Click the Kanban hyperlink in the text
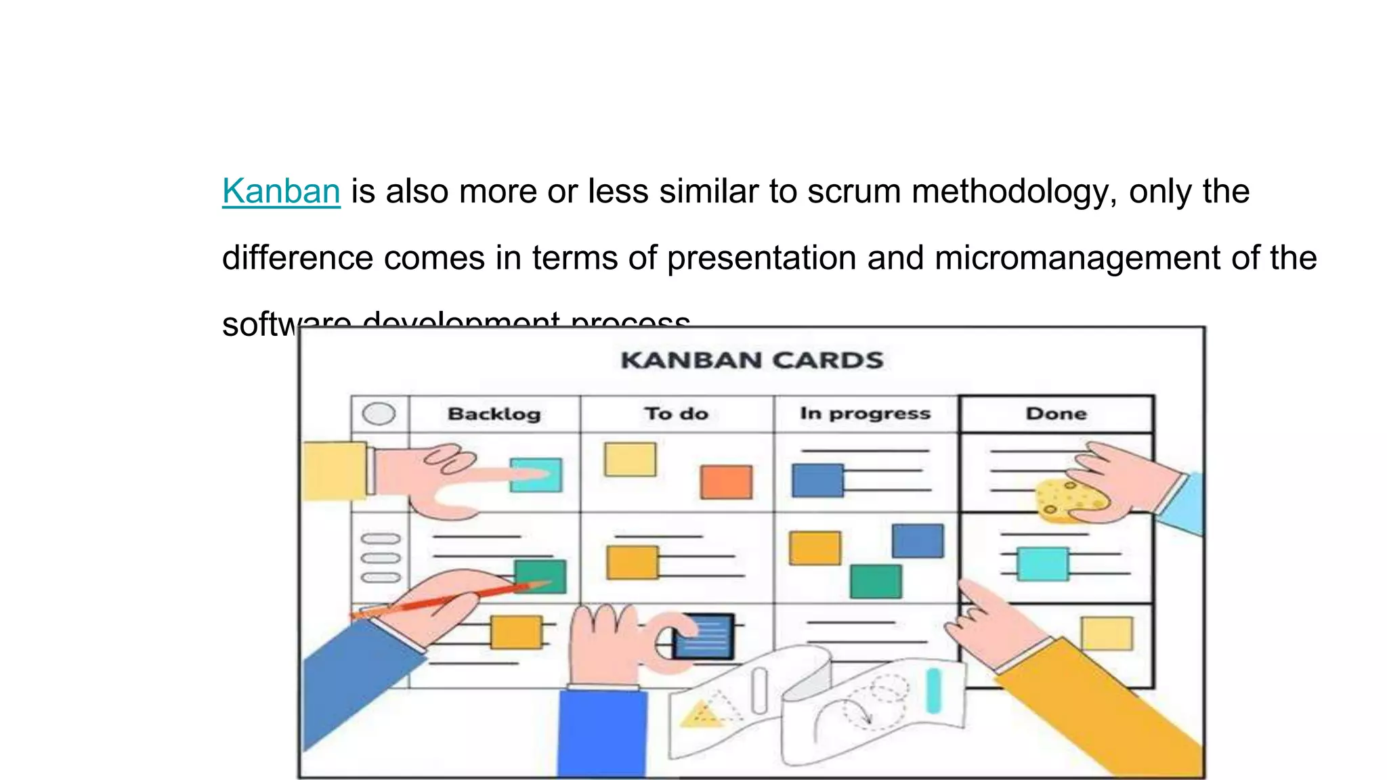[281, 191]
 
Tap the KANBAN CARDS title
[752, 360]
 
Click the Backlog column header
[494, 414]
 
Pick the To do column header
[676, 414]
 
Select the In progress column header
[865, 414]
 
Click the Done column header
[1056, 414]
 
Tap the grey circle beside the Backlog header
[379, 414]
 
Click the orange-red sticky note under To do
[726, 482]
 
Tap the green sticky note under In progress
[876, 581]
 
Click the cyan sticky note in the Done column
[1043, 564]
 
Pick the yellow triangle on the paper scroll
[699, 714]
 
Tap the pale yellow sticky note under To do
[630, 460]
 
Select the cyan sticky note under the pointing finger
[536, 475]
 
